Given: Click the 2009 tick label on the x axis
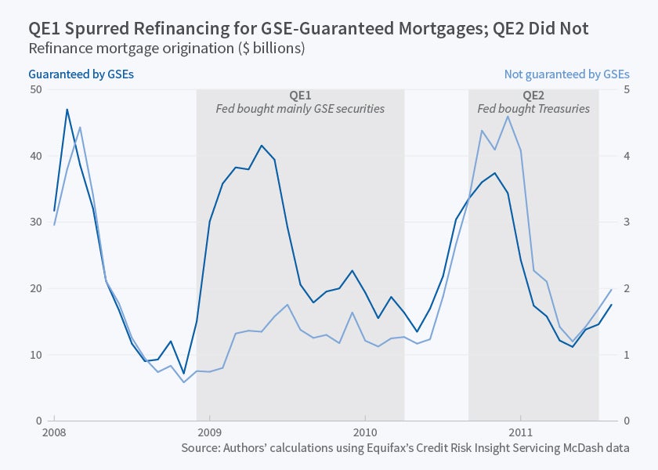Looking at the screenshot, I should (x=210, y=432).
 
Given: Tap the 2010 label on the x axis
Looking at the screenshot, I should (x=365, y=432).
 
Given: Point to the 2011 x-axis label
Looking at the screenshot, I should (x=521, y=432).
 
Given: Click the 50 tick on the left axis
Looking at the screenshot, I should (x=36, y=89).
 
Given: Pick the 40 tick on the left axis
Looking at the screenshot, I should (x=36, y=156).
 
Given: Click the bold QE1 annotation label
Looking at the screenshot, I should (x=300, y=95).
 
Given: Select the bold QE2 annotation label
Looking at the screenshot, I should (x=533, y=95).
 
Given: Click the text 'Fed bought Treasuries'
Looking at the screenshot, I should (x=533, y=109).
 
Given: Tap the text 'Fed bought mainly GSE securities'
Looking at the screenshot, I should (x=300, y=109).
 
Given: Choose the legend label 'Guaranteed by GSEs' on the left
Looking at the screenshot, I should (x=81, y=74).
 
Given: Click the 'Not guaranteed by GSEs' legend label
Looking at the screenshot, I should (x=566, y=74).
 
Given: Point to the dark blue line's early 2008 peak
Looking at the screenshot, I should (x=67, y=110).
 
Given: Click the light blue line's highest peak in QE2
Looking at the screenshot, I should (x=508, y=117).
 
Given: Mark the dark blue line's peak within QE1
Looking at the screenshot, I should (x=262, y=146).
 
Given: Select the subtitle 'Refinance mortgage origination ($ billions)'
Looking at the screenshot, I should (x=166, y=49).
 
